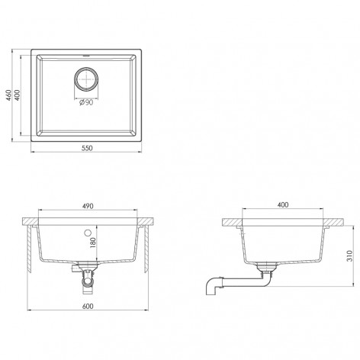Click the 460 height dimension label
[8, 95]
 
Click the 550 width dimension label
[87, 148]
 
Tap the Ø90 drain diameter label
[86, 102]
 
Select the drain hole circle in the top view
[86, 79]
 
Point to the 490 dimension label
[88, 206]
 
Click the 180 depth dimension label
[92, 243]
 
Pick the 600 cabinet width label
[88, 306]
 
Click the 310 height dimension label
[350, 256]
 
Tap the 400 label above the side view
[283, 205]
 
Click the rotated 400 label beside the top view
[17, 95]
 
